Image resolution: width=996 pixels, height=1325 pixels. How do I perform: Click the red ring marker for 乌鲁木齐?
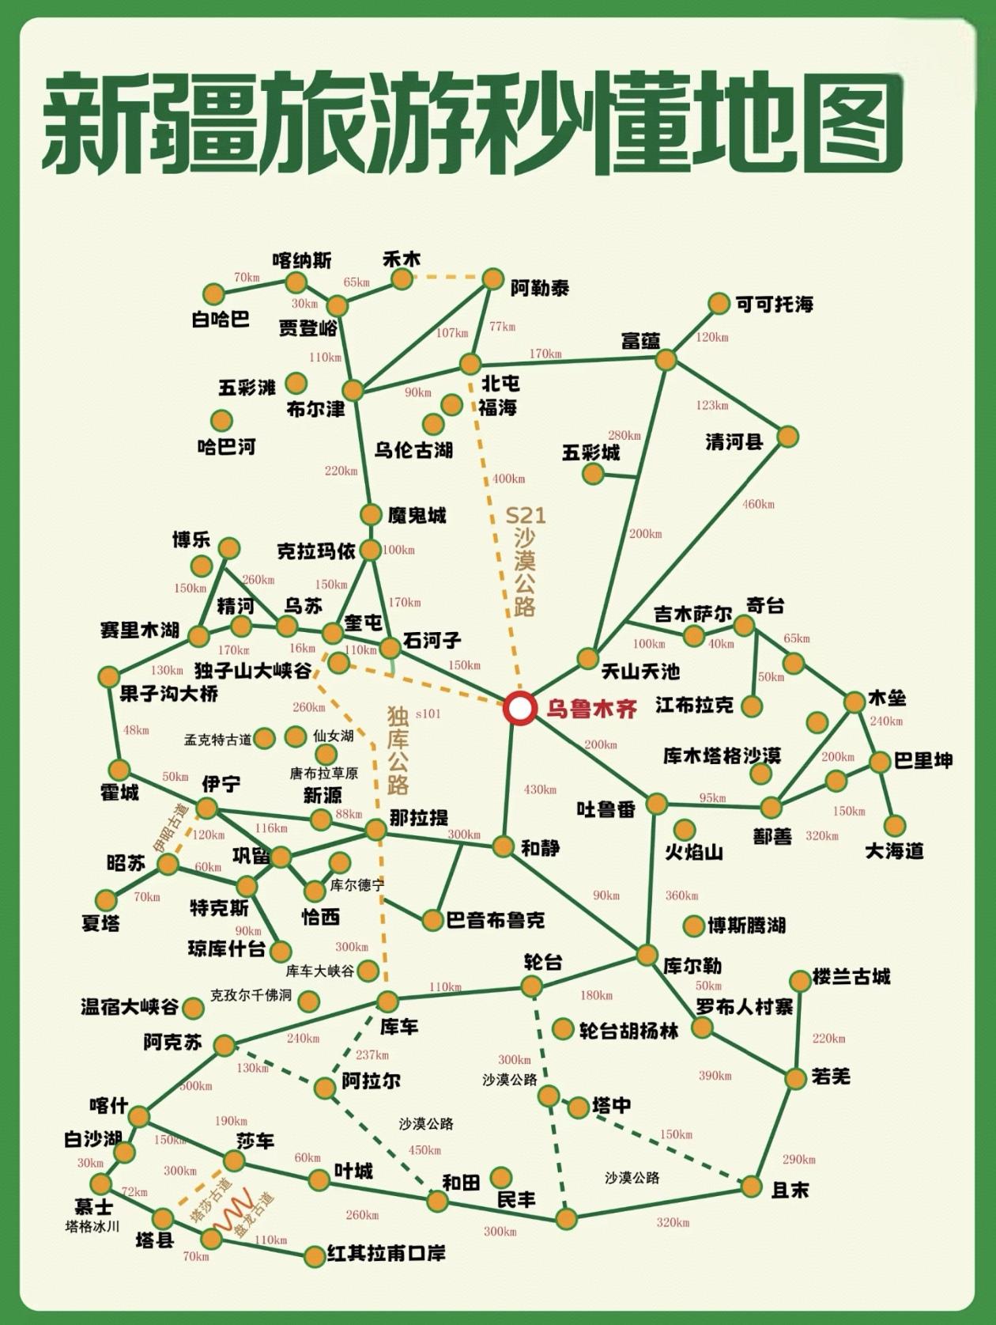click(x=519, y=708)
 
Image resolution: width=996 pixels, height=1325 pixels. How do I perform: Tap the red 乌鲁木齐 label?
click(x=591, y=709)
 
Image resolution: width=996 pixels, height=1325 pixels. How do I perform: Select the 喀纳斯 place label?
click(x=301, y=260)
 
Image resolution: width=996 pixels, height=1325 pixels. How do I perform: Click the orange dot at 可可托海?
click(x=719, y=304)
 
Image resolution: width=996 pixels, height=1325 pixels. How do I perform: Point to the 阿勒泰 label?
click(x=539, y=288)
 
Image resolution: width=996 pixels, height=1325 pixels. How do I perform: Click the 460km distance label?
click(x=758, y=504)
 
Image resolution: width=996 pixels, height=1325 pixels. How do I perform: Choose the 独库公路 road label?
click(x=398, y=750)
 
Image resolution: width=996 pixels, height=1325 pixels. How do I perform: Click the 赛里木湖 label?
click(x=140, y=630)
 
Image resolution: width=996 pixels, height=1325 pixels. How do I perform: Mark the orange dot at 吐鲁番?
click(x=656, y=804)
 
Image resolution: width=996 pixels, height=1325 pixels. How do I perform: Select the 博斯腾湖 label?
click(x=746, y=926)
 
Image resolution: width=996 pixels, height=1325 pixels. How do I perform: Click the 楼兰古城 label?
click(x=851, y=977)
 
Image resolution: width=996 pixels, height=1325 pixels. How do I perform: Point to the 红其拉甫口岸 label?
click(x=386, y=1254)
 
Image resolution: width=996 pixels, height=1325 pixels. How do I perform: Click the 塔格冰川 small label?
click(x=92, y=1227)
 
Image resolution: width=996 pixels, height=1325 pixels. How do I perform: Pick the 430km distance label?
click(x=540, y=789)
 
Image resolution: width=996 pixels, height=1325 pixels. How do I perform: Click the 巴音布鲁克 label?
click(x=496, y=920)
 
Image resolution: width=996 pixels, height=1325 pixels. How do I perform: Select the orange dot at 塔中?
click(x=579, y=1106)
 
